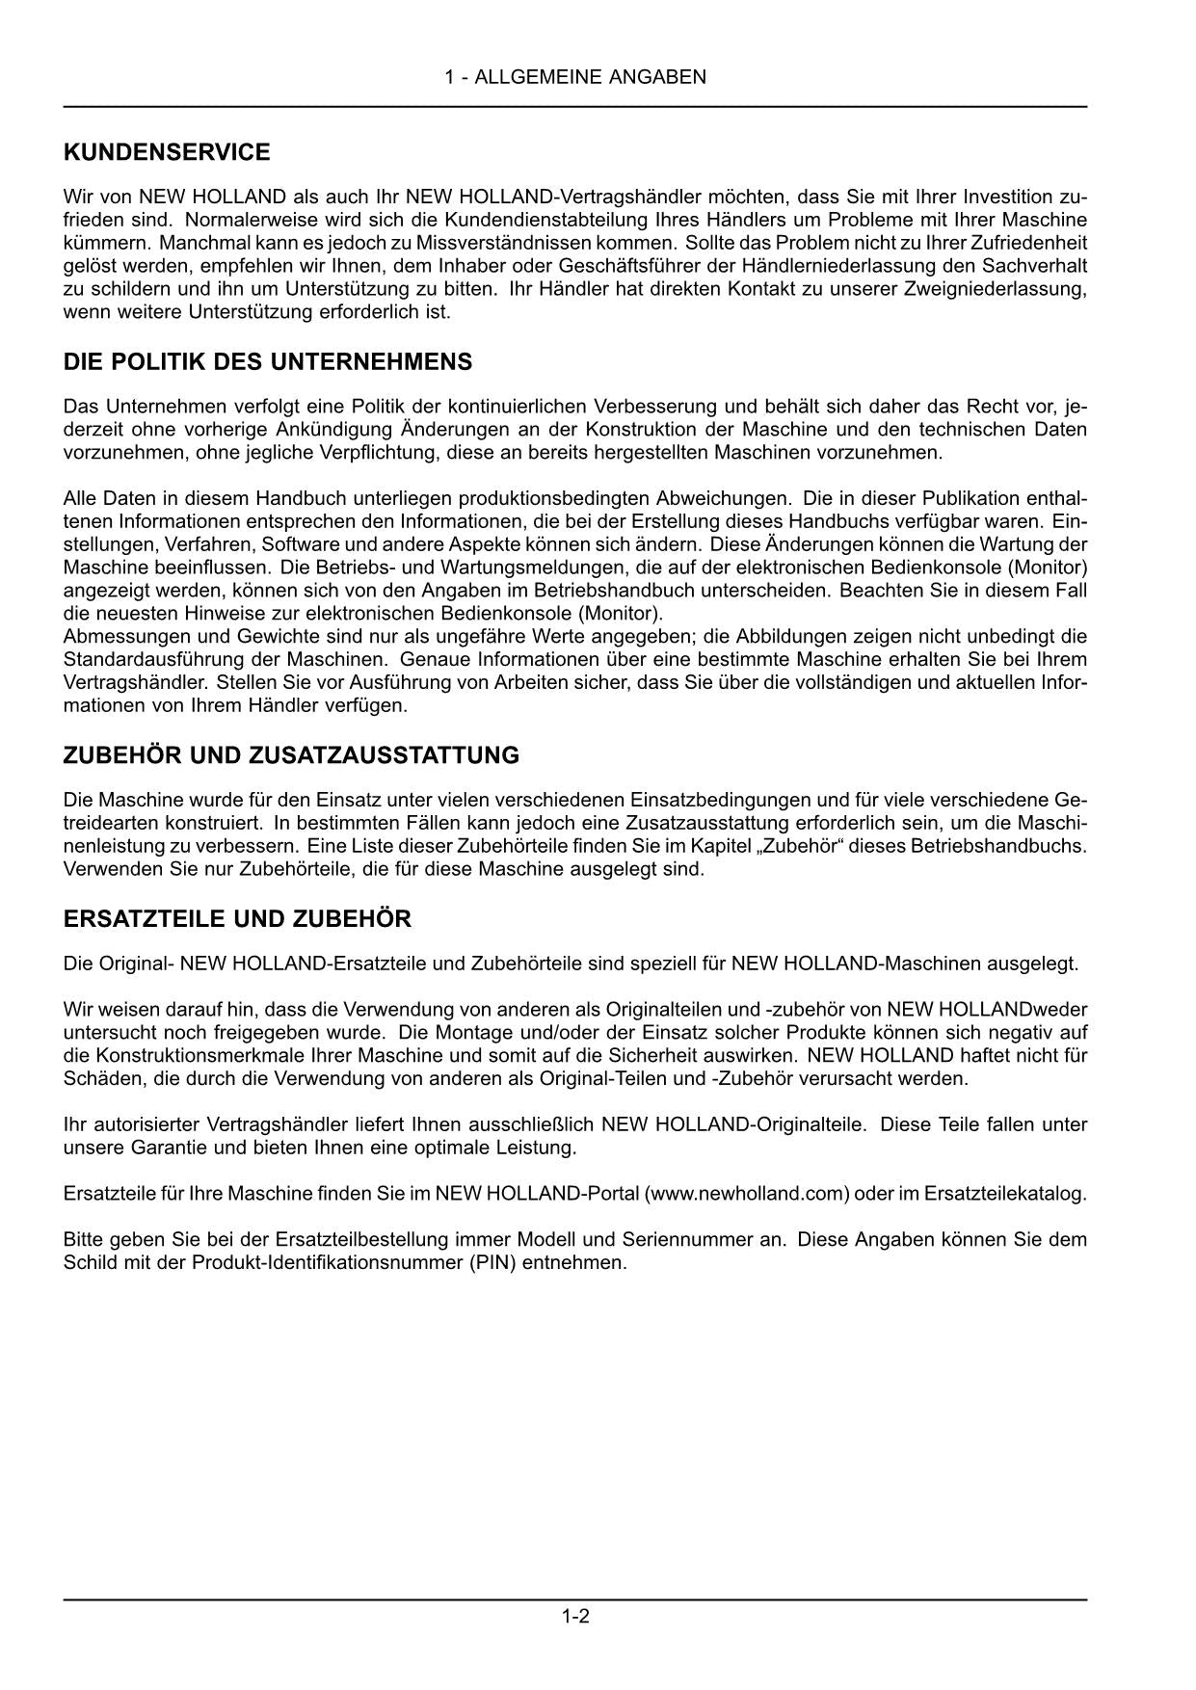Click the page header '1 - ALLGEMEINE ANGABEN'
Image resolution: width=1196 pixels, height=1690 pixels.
pyautogui.click(x=575, y=77)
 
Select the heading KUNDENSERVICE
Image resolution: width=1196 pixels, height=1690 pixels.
pyautogui.click(x=167, y=152)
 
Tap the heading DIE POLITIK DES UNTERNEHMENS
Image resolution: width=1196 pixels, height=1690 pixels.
pyautogui.click(x=268, y=362)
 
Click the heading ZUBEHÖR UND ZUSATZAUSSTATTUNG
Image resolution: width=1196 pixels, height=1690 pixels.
pyautogui.click(x=291, y=755)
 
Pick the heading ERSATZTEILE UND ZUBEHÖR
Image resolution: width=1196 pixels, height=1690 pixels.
pyautogui.click(x=237, y=919)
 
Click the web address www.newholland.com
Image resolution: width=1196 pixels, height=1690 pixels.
pyautogui.click(x=747, y=1194)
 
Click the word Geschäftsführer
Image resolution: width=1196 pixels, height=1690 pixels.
pyautogui.click(x=605, y=266)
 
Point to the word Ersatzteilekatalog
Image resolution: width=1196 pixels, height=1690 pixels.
pyautogui.click(x=1002, y=1194)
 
